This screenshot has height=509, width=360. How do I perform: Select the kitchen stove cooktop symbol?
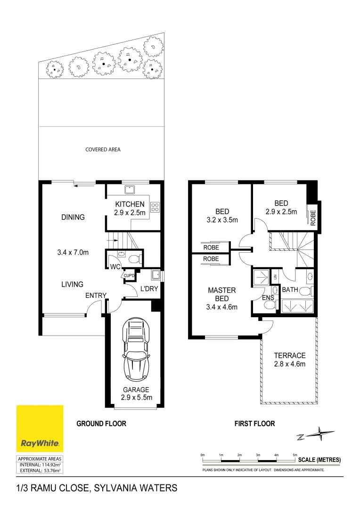(155, 206)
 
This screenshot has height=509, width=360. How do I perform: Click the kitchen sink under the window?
(130, 189)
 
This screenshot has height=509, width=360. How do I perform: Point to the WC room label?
(114, 267)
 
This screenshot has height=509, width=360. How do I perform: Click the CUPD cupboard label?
(129, 276)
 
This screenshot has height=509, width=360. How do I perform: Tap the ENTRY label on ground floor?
(96, 296)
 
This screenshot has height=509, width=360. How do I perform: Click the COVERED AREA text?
(103, 149)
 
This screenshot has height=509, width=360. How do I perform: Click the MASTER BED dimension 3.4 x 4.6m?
(221, 307)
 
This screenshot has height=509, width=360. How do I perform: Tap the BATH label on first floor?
(290, 290)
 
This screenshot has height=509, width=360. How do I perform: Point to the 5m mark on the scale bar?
(295, 455)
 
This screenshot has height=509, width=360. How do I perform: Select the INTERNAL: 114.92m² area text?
(40, 464)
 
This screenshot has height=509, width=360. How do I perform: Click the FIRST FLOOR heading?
(254, 424)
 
